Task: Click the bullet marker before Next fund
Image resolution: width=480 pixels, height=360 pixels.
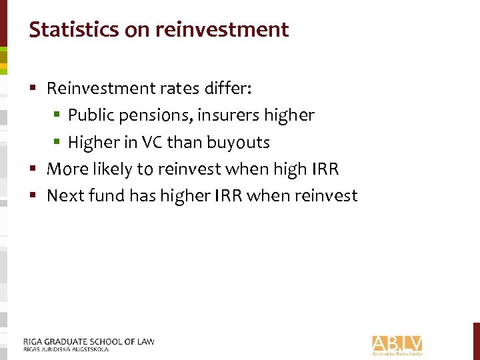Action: click(37, 196)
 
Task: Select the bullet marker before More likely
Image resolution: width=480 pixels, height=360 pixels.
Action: click(37, 169)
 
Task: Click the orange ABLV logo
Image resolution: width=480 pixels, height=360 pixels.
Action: click(397, 344)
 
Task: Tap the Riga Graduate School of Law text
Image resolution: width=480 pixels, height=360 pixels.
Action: click(88, 342)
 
